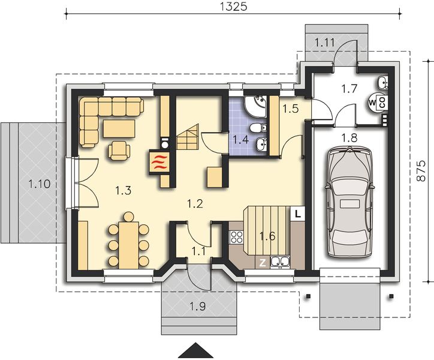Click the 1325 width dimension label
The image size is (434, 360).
(233, 6)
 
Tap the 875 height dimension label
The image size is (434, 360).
(421, 171)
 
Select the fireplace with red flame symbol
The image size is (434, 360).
(159, 163)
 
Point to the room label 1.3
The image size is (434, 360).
(123, 191)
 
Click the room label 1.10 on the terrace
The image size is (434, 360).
(40, 184)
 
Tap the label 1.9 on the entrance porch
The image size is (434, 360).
(198, 307)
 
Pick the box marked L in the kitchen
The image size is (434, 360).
(297, 214)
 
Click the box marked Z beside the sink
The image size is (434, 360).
(262, 263)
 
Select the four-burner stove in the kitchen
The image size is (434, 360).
(236, 237)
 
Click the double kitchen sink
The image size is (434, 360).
(280, 262)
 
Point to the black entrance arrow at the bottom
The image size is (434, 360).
(195, 350)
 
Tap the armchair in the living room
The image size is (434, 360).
(119, 151)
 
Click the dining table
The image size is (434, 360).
(129, 245)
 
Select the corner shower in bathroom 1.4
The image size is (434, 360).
(255, 106)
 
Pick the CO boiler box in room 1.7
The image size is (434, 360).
(382, 102)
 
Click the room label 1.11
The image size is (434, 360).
(325, 43)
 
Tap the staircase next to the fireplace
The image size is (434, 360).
(188, 137)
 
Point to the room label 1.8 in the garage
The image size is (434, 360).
(349, 137)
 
